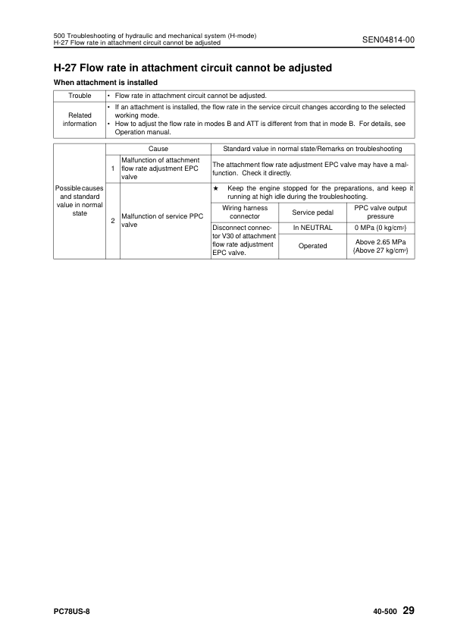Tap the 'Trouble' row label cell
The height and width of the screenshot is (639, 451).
tap(80, 96)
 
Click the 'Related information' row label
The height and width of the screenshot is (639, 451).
tap(80, 118)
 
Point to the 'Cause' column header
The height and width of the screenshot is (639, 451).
tap(158, 149)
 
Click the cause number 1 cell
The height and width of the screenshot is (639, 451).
tap(113, 168)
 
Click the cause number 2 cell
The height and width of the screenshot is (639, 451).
tap(113, 221)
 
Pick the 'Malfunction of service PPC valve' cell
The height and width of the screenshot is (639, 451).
tap(164, 221)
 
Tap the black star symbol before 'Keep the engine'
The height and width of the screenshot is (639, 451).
tap(216, 187)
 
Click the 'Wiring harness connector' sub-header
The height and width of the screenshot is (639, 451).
tap(245, 212)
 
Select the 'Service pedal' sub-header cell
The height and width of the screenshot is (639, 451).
tap(312, 212)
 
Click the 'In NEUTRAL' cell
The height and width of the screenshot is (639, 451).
tap(312, 227)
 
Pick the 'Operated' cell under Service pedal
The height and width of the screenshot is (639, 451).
tap(312, 246)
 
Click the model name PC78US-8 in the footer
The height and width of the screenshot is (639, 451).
tap(73, 611)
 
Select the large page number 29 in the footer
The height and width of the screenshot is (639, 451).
tap(408, 610)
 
